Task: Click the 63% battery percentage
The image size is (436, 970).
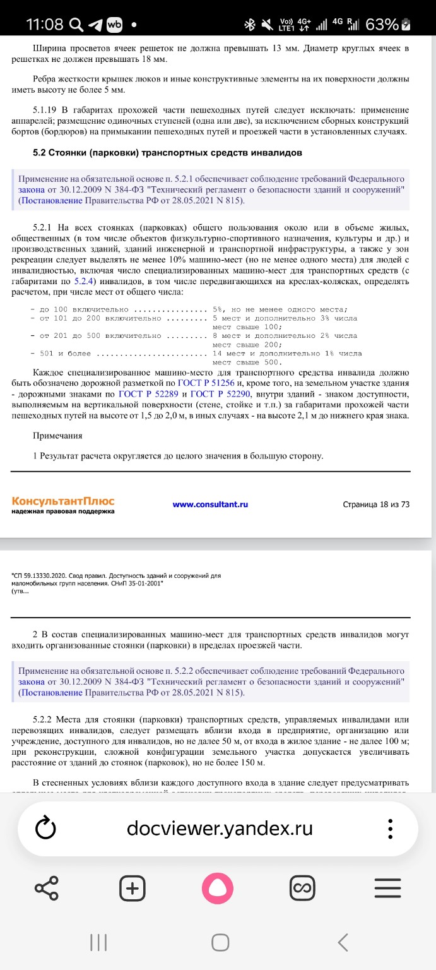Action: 382,25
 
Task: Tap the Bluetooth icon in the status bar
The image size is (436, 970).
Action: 249,25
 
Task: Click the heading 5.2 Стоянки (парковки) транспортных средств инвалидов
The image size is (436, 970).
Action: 167,153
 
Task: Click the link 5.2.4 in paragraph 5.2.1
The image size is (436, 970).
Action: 84,282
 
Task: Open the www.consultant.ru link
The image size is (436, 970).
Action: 210,505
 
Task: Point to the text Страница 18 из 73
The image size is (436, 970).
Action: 376,505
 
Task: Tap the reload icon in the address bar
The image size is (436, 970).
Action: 47,829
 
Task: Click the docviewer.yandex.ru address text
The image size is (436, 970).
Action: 219,828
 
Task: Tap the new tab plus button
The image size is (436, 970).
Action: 133,888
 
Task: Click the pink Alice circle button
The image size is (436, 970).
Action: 218,888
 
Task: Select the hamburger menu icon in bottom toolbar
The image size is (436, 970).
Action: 387,888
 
